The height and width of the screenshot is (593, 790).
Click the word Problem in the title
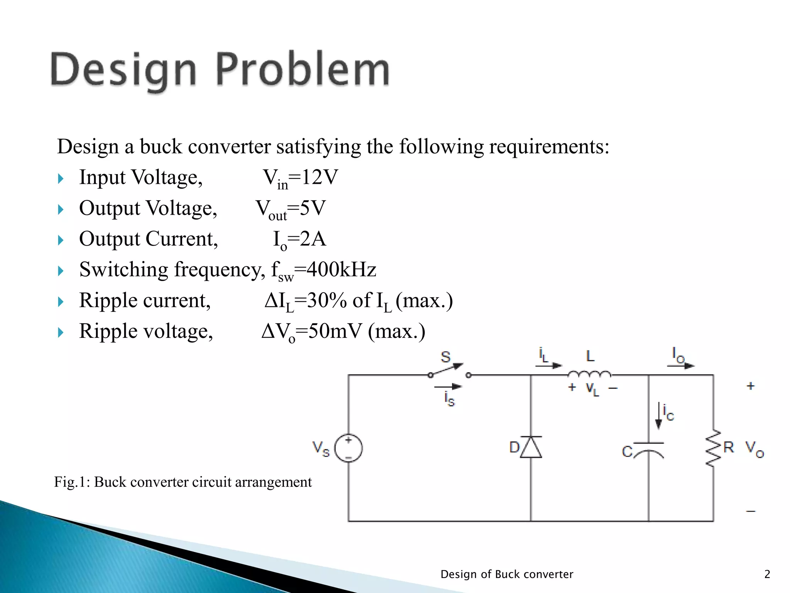(x=302, y=70)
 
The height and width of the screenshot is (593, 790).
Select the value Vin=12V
(x=300, y=178)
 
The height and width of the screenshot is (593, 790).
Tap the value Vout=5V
(x=291, y=209)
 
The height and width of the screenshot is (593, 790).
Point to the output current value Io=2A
(x=299, y=240)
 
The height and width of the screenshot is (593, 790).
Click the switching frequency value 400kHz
(x=341, y=269)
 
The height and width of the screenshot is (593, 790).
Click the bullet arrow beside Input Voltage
(x=61, y=179)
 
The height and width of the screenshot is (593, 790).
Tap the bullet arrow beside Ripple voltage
(x=61, y=332)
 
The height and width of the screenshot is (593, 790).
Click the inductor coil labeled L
(x=589, y=374)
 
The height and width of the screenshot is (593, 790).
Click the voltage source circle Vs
(x=348, y=448)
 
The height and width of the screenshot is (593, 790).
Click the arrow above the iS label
(x=448, y=386)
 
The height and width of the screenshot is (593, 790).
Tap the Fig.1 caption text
(x=183, y=482)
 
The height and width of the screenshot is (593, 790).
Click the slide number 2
(x=767, y=574)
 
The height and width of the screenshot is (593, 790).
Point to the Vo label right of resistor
(x=754, y=449)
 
